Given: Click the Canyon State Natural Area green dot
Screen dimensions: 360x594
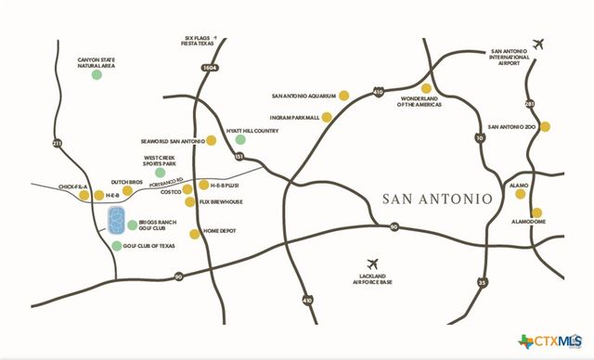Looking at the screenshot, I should [97, 74].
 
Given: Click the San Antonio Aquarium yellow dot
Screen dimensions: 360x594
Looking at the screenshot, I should [343, 95].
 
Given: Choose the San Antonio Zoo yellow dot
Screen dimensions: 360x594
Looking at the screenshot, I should [547, 126].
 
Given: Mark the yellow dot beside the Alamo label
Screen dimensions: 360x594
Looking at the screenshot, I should [536, 186].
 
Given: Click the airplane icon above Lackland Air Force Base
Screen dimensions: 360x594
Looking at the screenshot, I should [374, 263].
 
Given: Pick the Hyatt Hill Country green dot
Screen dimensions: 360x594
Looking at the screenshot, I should [240, 140].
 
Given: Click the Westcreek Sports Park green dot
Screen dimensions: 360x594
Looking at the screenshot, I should [160, 173].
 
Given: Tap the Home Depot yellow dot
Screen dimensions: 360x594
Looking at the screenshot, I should [194, 234].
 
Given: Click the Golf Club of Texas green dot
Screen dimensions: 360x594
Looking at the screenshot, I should [117, 246].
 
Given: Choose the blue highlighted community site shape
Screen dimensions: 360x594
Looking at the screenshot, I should [117, 222].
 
